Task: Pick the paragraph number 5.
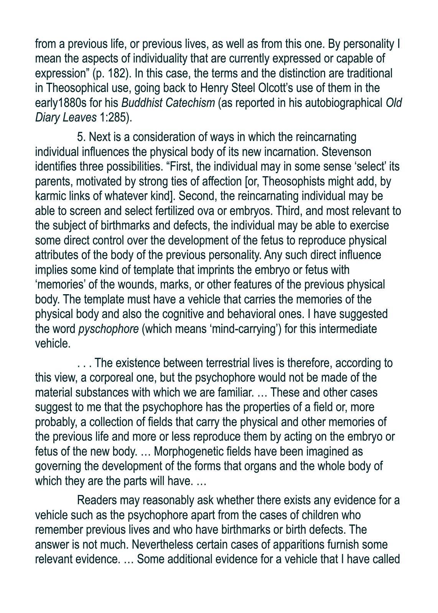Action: coord(81,137)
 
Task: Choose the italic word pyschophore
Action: coord(109,329)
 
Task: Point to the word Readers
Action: coord(97,500)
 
